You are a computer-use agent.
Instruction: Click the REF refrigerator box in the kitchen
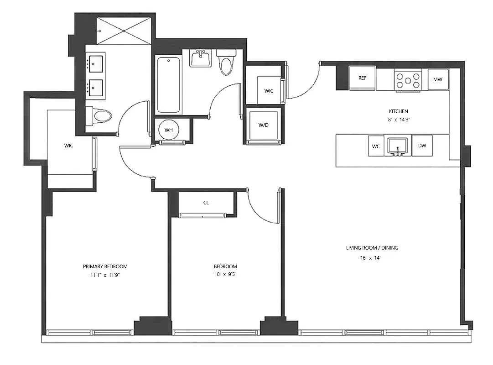tap(362, 78)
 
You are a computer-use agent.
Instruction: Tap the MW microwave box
tap(438, 79)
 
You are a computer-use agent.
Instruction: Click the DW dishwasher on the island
tap(422, 146)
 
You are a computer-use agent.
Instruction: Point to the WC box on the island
tap(376, 146)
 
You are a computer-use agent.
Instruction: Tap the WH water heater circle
tap(169, 130)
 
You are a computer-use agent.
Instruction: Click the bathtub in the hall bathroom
tap(168, 85)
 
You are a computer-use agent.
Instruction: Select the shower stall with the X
tap(125, 31)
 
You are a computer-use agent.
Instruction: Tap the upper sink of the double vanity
tap(96, 64)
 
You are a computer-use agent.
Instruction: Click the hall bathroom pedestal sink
tap(200, 58)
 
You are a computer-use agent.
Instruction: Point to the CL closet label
tap(206, 203)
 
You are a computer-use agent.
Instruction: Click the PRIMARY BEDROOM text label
tap(105, 266)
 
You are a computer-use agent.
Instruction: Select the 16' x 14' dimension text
tap(370, 258)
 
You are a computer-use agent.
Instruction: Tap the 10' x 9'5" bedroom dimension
tap(225, 274)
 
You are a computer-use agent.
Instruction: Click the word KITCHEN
tap(398, 111)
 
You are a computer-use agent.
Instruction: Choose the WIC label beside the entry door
tap(269, 91)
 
